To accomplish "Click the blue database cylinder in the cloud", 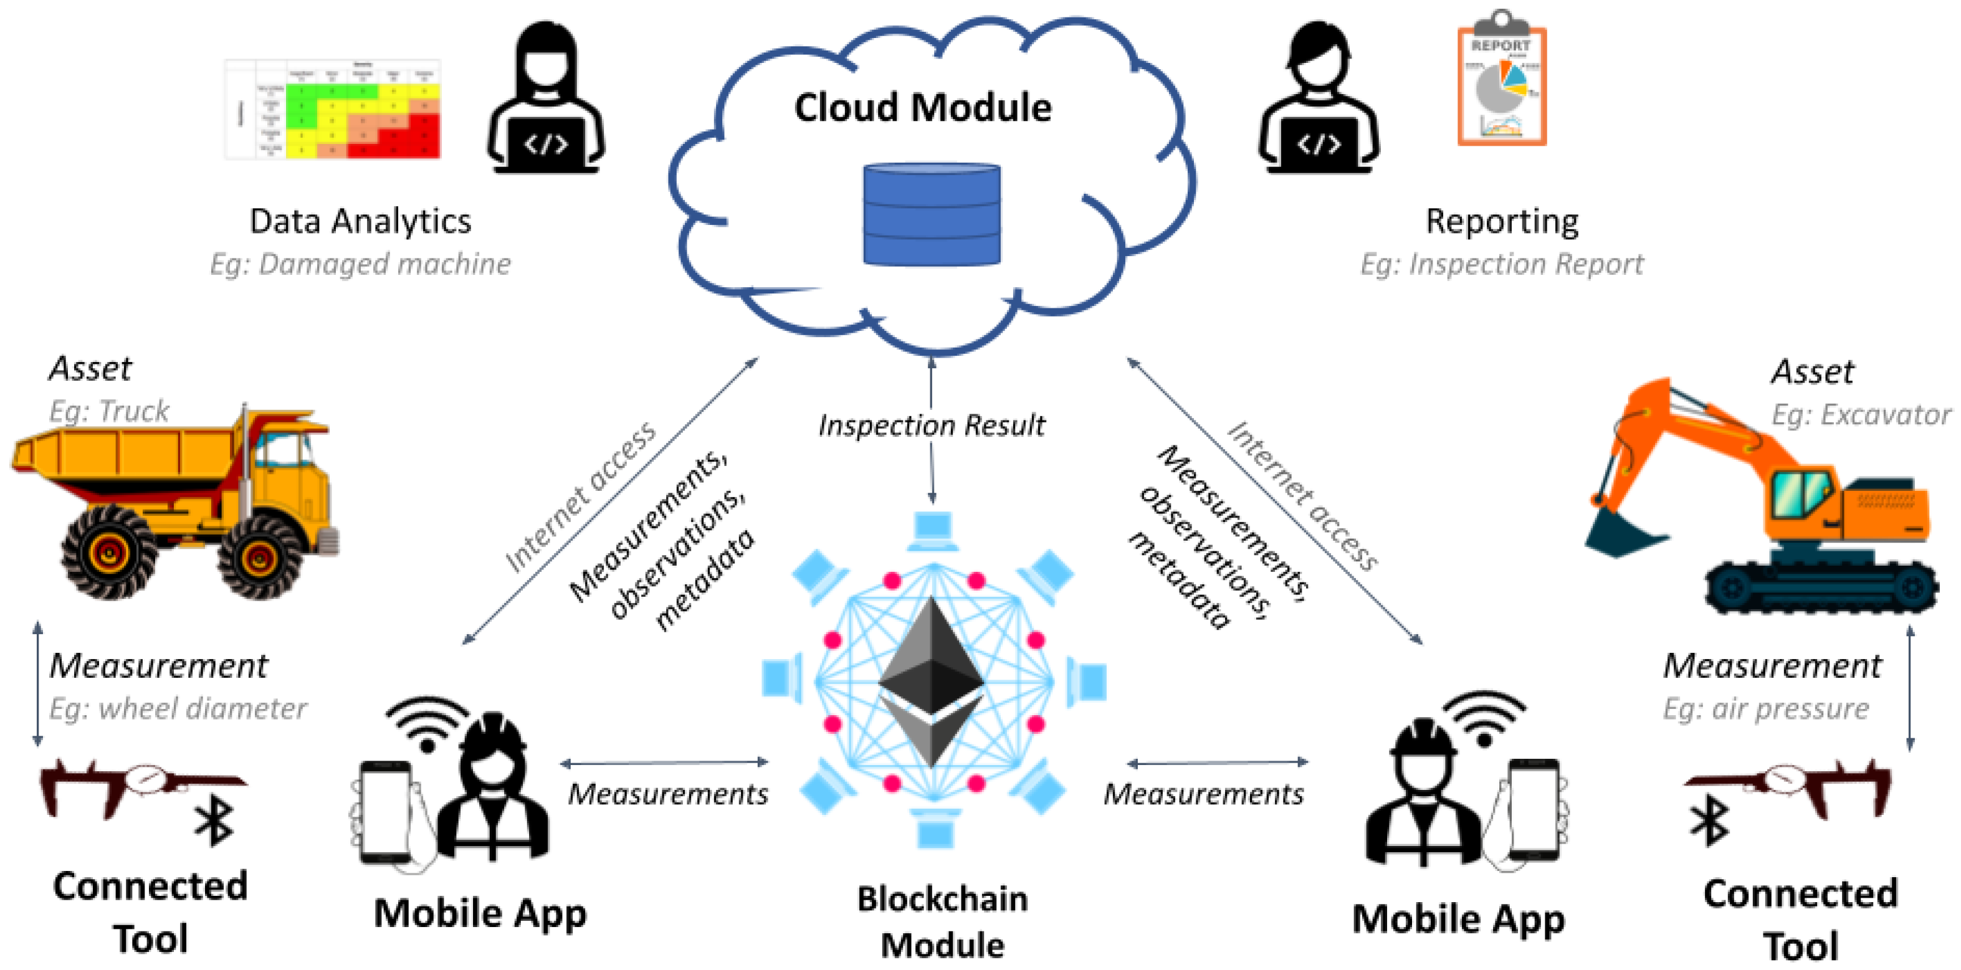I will pos(931,215).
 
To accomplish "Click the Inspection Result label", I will pos(931,425).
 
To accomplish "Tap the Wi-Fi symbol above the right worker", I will pos(1484,719).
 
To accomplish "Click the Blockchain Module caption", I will pos(942,922).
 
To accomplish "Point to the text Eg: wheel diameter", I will pos(178,709).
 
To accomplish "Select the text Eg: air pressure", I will pos(1765,709).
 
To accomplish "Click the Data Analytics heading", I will pos(360,221).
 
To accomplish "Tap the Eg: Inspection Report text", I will pos(1501,264).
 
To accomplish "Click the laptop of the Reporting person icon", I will pos(1319,144).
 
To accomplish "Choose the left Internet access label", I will pos(580,497).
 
